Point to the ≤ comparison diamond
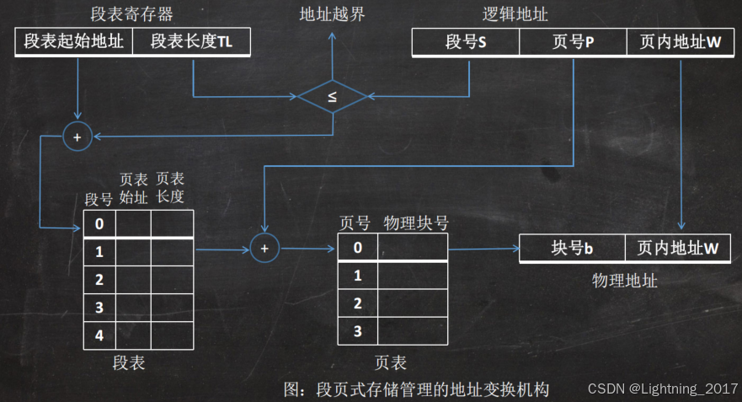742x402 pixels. coord(332,97)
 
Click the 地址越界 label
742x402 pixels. coord(332,14)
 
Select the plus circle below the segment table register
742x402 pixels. coord(77,137)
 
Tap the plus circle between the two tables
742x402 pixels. coord(264,248)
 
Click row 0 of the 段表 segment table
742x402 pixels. coord(99,224)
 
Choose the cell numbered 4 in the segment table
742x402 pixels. coord(99,335)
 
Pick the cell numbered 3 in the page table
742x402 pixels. coord(357,331)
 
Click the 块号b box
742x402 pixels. coord(572,249)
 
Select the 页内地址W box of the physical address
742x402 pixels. coord(678,249)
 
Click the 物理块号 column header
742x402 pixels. coord(416,223)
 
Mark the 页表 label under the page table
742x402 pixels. coord(390,363)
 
